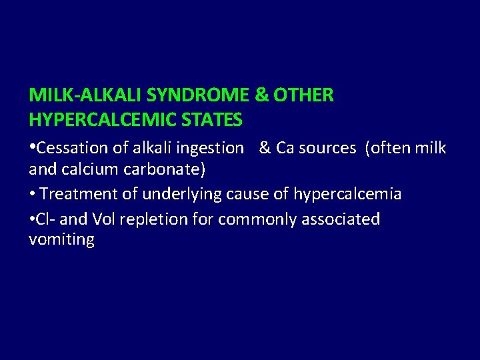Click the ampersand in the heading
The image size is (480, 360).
coord(261,95)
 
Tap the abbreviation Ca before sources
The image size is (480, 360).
coord(285,148)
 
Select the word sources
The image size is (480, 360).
coord(327,148)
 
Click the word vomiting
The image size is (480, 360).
coord(61,240)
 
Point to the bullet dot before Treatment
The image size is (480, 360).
coord(32,195)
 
